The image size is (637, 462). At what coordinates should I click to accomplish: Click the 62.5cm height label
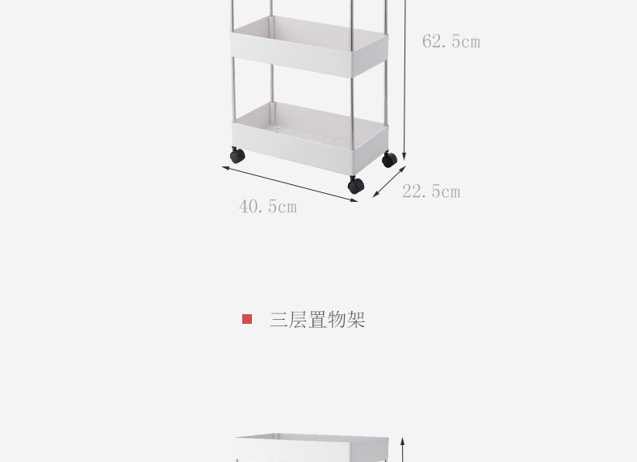[451, 41]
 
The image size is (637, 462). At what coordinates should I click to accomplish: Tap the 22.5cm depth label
[431, 191]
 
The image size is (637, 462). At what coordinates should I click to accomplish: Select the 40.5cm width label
[268, 207]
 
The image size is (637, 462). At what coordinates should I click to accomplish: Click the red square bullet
[247, 319]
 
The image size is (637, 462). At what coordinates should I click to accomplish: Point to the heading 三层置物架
[317, 319]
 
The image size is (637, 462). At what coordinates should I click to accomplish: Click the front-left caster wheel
[237, 155]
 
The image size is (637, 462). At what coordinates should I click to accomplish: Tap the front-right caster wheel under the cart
[356, 185]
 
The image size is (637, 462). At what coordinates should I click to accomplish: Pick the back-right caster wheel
[389, 159]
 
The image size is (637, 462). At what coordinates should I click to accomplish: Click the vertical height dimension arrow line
[404, 80]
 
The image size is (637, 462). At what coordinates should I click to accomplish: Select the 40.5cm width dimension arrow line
[290, 183]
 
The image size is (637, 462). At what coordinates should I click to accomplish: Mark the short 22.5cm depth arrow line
[389, 182]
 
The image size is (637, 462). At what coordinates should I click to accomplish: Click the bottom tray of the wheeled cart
[310, 137]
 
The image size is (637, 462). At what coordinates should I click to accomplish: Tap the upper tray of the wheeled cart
[309, 46]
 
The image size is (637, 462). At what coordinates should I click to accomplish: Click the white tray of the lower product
[312, 447]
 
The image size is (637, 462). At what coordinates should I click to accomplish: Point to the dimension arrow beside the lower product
[403, 450]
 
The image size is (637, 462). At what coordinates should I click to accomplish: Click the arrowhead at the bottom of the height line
[404, 157]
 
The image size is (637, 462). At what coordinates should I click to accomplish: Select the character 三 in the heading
[279, 319]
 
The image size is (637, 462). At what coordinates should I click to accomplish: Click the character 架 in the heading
[356, 319]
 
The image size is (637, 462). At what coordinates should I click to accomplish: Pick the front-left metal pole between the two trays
[233, 90]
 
